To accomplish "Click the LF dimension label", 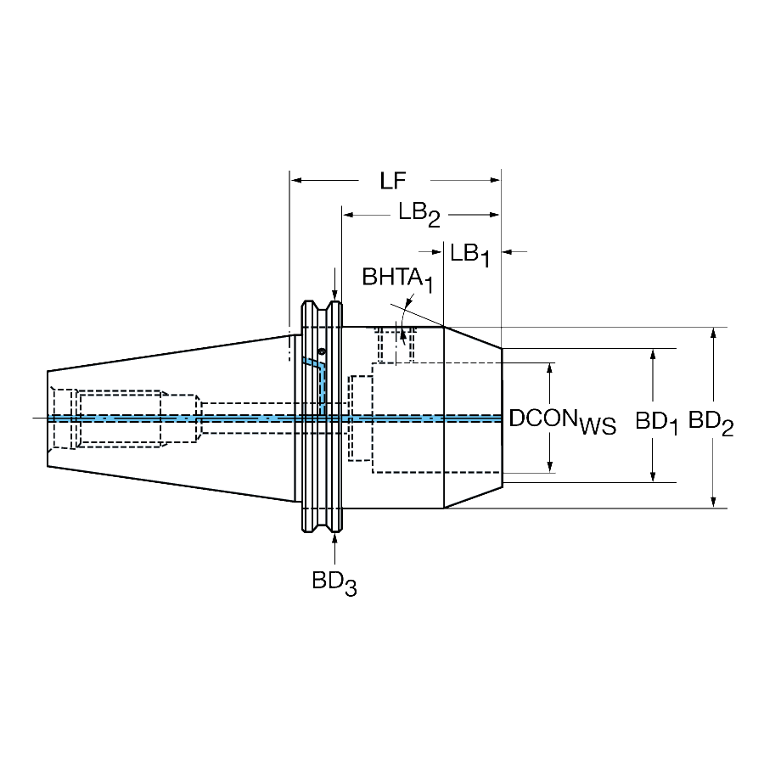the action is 393,181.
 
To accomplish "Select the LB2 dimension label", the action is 419,215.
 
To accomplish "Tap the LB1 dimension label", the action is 470,256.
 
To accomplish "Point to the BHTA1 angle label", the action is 397,279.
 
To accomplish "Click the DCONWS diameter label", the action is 563,421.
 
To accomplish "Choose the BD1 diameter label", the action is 656,423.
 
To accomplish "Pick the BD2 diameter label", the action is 711,423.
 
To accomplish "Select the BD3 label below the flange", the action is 334,583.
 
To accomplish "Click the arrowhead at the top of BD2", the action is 713,334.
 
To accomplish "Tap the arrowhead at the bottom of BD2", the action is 713,502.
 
